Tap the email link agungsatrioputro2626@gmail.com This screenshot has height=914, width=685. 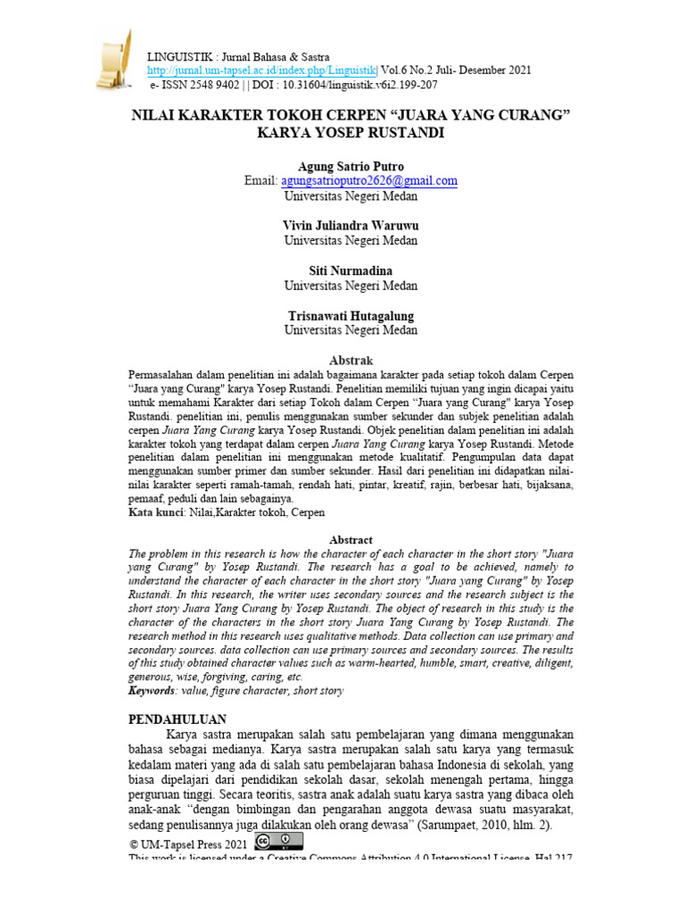click(x=369, y=180)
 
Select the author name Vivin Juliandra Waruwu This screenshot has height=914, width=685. click(x=350, y=226)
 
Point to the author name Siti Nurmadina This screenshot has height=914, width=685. click(x=350, y=270)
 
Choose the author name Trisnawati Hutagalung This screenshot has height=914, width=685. click(x=350, y=316)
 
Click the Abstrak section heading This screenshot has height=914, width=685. click(x=351, y=360)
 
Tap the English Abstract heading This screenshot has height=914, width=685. click(x=351, y=540)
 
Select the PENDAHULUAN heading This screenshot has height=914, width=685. click(x=178, y=719)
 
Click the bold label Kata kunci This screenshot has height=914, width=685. click(x=156, y=512)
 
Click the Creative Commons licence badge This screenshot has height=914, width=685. click(x=278, y=841)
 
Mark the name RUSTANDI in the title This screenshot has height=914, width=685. click(x=400, y=134)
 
